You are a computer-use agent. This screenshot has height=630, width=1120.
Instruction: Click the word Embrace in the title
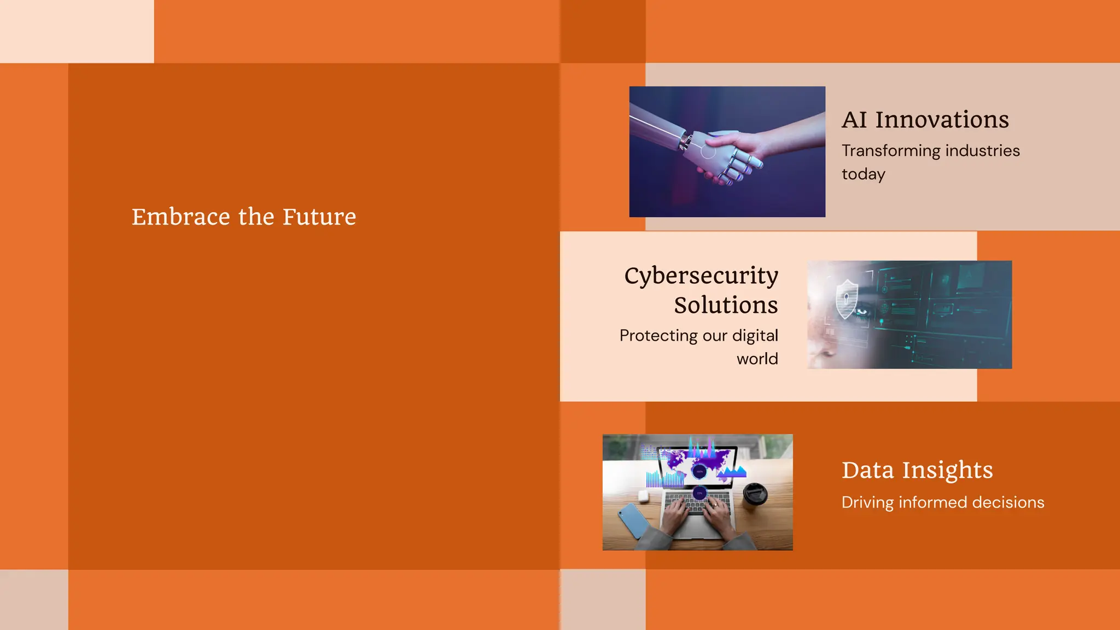coord(180,217)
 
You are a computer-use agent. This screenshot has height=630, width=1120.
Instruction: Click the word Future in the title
coord(319,217)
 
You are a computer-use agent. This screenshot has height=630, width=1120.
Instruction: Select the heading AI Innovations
coord(925,120)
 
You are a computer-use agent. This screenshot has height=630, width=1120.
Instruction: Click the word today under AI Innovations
coord(863,174)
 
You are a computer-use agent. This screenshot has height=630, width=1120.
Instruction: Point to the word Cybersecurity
coord(701,276)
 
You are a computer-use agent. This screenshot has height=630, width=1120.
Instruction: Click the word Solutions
coord(726,305)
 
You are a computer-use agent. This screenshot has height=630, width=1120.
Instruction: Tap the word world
coord(757,359)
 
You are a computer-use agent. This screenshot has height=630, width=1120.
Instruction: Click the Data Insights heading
coord(917,470)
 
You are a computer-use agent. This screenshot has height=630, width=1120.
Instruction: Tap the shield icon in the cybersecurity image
coord(846,298)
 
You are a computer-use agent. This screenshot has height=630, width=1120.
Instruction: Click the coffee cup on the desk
coord(755,494)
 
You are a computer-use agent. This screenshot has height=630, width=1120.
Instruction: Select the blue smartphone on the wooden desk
coord(634,520)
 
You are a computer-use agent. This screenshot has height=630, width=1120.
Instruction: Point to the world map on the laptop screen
coord(697,464)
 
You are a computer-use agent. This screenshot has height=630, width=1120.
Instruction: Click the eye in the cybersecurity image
coord(862,312)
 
